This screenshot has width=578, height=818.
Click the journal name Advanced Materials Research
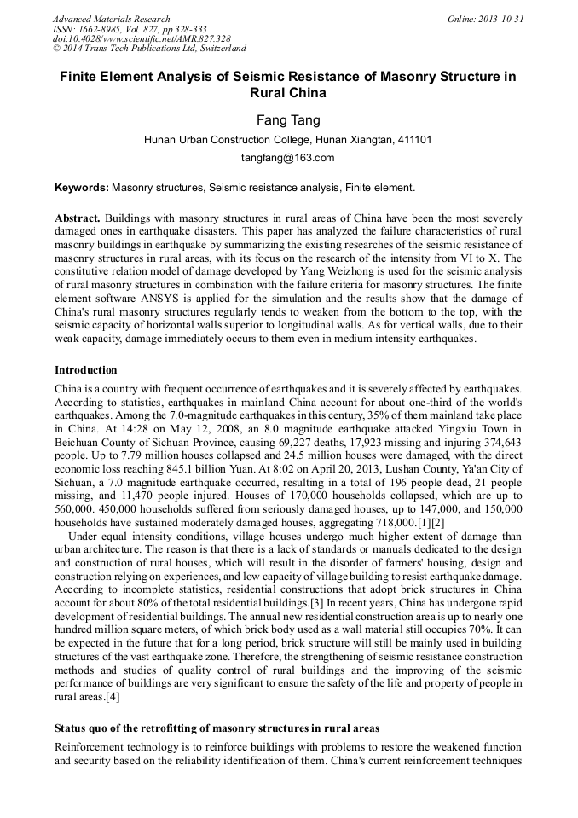[111, 19]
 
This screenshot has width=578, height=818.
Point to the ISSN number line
[129, 29]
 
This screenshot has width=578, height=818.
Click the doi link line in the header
[142, 39]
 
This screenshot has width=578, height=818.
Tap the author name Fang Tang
[288, 120]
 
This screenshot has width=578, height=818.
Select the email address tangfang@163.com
[288, 158]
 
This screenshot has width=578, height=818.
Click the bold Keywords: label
[82, 187]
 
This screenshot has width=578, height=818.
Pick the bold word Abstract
[78, 218]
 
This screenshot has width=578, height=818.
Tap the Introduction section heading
[86, 370]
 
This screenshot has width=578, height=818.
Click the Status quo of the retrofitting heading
[217, 728]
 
